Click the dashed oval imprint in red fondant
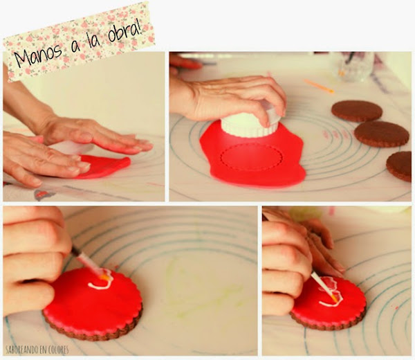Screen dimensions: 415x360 (252, 157)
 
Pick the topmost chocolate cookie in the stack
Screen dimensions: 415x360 (357, 111)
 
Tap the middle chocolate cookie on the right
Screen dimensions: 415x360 (382, 134)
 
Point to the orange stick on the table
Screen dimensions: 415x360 (319, 86)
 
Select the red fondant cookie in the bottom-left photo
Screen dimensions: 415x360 (93, 303)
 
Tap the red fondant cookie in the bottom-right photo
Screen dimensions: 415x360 (329, 303)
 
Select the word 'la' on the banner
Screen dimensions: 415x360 (93, 41)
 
